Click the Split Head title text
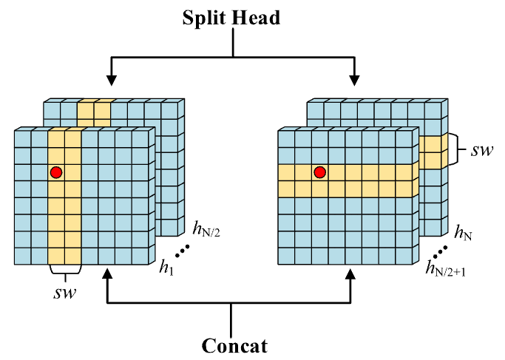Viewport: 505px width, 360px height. tap(232, 17)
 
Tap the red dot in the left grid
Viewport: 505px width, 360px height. tap(55, 173)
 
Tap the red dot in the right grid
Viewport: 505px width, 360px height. tap(319, 173)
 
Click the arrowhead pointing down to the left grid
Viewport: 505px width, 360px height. tap(110, 78)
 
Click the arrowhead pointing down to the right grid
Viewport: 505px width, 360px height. tap(355, 78)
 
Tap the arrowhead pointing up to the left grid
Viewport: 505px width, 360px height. tap(109, 275)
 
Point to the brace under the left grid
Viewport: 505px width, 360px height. tap(64, 271)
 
